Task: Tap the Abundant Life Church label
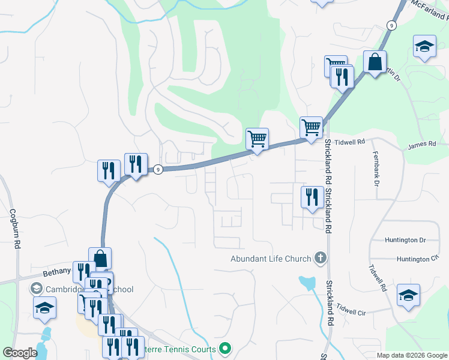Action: click(271, 259)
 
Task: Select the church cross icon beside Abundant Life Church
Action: click(321, 259)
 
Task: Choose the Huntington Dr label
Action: click(405, 240)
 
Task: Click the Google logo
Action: click(20, 353)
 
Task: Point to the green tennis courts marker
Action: click(226, 347)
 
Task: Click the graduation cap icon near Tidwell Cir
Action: click(408, 295)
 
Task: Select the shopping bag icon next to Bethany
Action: click(100, 259)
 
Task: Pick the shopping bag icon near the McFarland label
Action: click(375, 62)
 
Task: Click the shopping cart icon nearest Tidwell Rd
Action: click(311, 128)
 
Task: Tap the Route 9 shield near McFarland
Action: click(391, 25)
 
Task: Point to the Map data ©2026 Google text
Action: click(412, 355)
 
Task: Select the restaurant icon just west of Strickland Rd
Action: click(312, 197)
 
